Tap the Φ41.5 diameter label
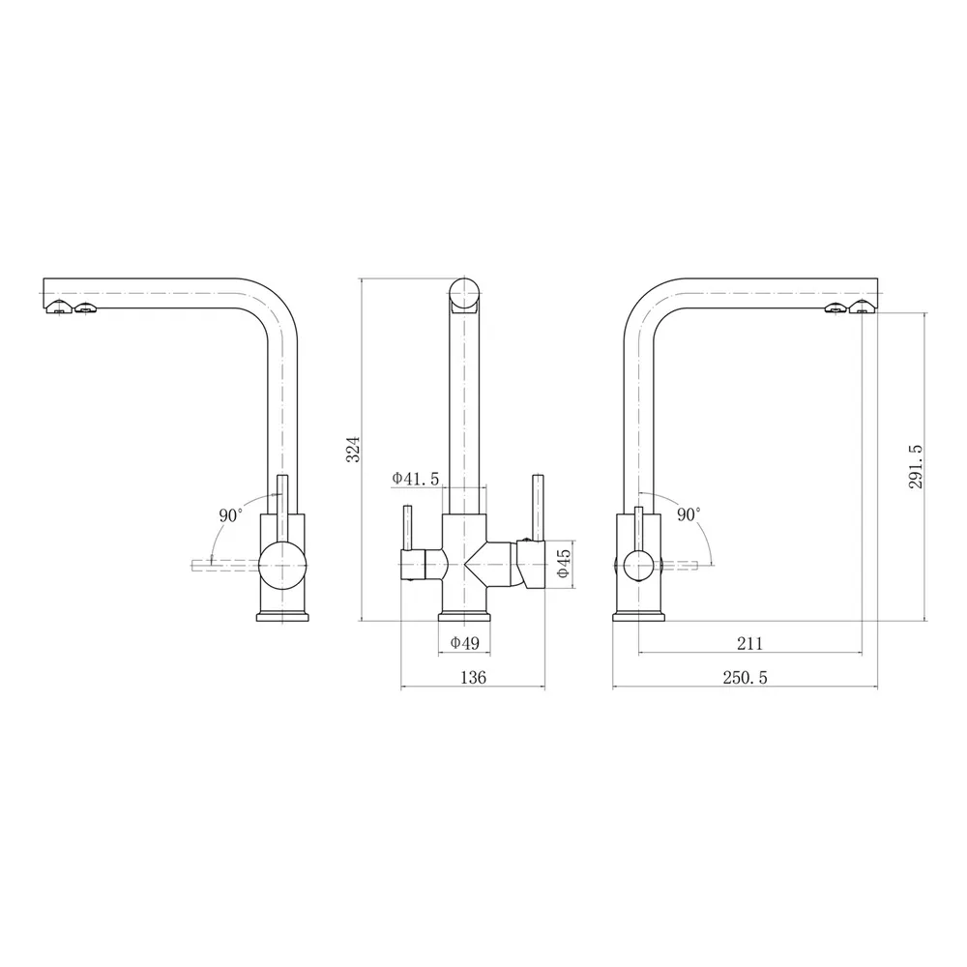[415, 478]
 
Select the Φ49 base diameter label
[465, 643]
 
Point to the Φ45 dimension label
[564, 564]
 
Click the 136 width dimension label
[474, 677]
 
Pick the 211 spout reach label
[750, 643]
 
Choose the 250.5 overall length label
[745, 677]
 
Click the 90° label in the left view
[231, 515]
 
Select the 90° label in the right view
[689, 514]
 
